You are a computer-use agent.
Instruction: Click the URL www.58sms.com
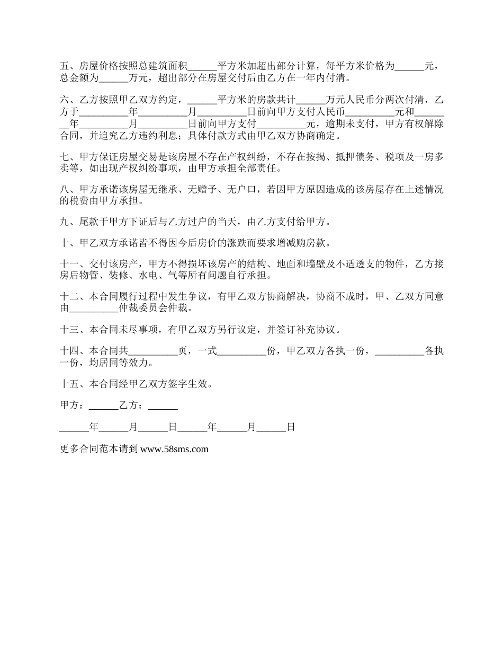[175, 449]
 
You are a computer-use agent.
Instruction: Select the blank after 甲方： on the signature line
[103, 406]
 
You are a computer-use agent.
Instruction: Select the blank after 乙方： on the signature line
[163, 406]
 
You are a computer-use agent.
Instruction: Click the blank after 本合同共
[153, 351]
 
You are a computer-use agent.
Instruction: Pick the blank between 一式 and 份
[242, 351]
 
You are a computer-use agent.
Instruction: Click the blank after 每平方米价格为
[410, 66]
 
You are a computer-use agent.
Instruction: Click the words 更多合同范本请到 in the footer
[99, 449]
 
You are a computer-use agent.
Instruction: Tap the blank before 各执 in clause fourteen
[399, 351]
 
